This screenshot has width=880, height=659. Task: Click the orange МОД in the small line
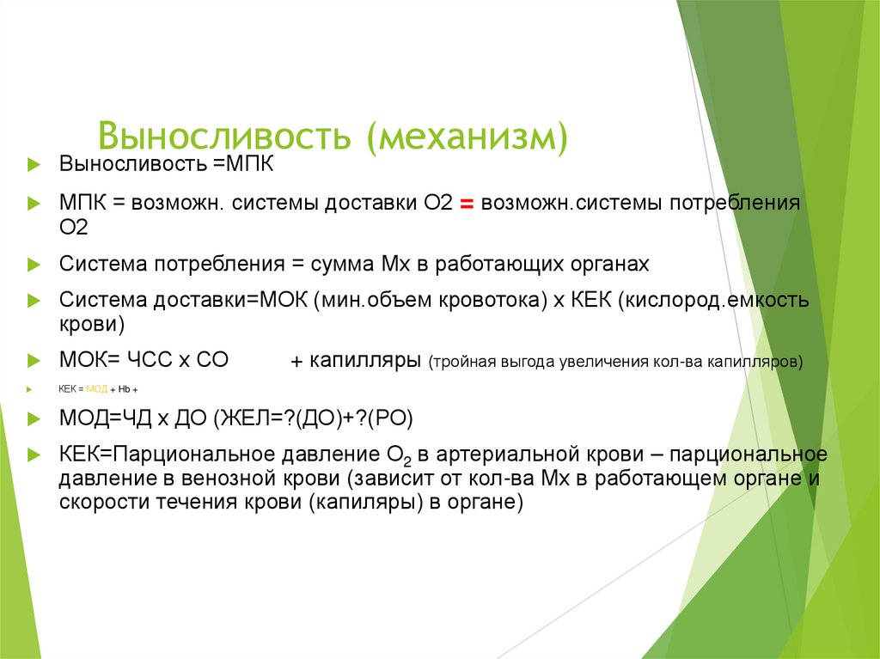(x=98, y=389)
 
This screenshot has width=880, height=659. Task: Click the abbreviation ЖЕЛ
(x=243, y=418)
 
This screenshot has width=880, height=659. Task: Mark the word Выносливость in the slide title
(x=225, y=137)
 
